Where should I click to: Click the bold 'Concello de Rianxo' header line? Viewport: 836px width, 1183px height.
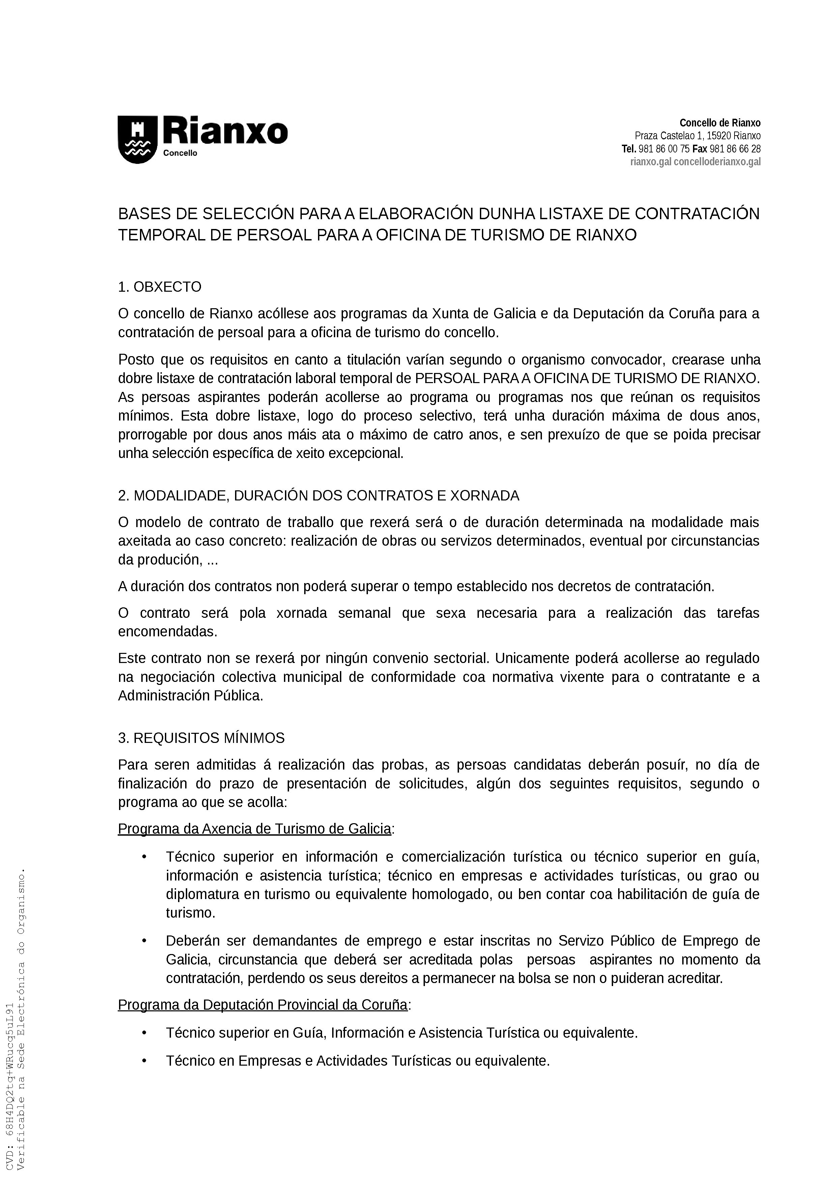(x=720, y=123)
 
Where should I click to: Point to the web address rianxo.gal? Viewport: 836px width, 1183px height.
(x=651, y=162)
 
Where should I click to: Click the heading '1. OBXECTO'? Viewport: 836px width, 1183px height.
(x=160, y=287)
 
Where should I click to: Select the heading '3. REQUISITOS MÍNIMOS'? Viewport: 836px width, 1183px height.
(x=201, y=738)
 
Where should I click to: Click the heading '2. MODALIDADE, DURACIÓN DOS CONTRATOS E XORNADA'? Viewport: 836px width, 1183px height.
(x=318, y=496)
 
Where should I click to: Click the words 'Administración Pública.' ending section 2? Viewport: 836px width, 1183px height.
(x=191, y=696)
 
